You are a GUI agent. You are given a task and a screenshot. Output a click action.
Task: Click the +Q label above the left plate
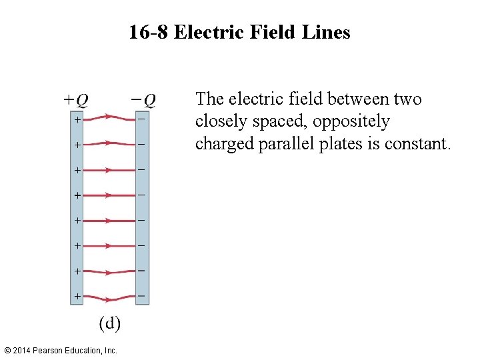coord(75,100)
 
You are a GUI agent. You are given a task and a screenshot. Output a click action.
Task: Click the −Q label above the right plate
coord(143,100)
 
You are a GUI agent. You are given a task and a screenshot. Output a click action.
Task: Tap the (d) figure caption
coord(110,324)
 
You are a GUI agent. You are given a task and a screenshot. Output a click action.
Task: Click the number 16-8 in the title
coord(149,32)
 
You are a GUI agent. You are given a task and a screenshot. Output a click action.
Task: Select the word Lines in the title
coord(328,32)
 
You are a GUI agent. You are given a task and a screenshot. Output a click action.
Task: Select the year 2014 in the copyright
coord(23,351)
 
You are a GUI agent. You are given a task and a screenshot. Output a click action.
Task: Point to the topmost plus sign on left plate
coord(77,120)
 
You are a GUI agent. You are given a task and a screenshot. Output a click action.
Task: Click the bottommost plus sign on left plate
coord(77,295)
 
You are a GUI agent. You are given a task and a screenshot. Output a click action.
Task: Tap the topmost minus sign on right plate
coord(142,119)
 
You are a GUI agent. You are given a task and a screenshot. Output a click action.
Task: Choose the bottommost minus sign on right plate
coord(142,295)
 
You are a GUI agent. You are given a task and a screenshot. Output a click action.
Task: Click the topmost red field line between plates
coord(109,118)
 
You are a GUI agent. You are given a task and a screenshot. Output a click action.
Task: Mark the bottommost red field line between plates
coord(109,297)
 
